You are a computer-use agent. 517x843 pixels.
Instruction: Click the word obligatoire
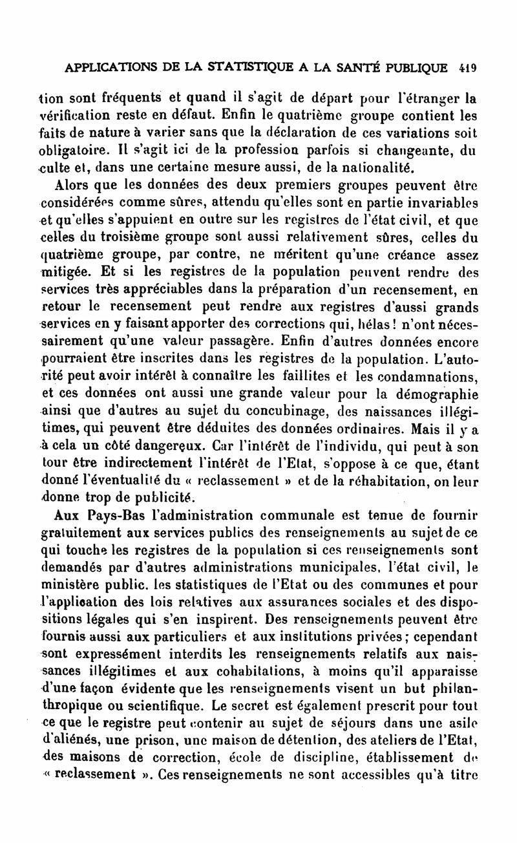tap(73, 152)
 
